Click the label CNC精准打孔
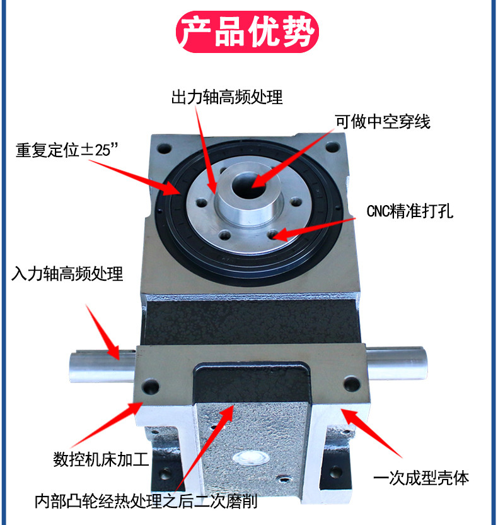pos(409,211)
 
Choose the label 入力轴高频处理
pos(67,274)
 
